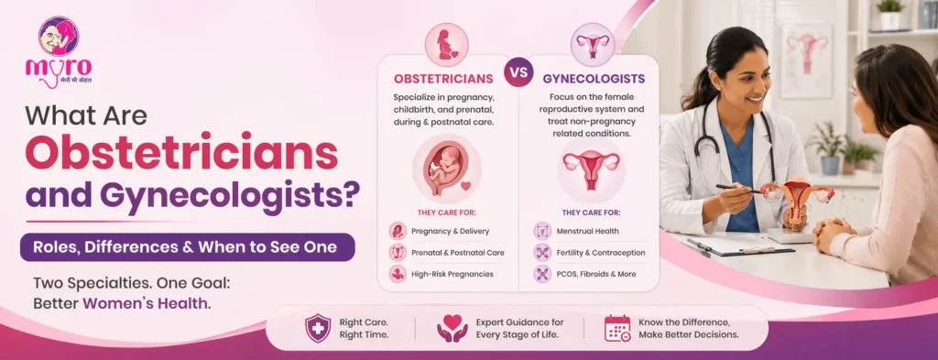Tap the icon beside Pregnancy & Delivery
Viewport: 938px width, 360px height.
click(398, 231)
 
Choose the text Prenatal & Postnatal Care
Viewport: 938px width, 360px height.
click(458, 252)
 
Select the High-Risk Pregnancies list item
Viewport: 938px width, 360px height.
click(453, 274)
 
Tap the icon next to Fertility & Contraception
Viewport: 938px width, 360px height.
click(541, 252)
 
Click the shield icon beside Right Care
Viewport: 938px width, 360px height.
click(318, 328)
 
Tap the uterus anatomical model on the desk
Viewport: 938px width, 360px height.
click(794, 196)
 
